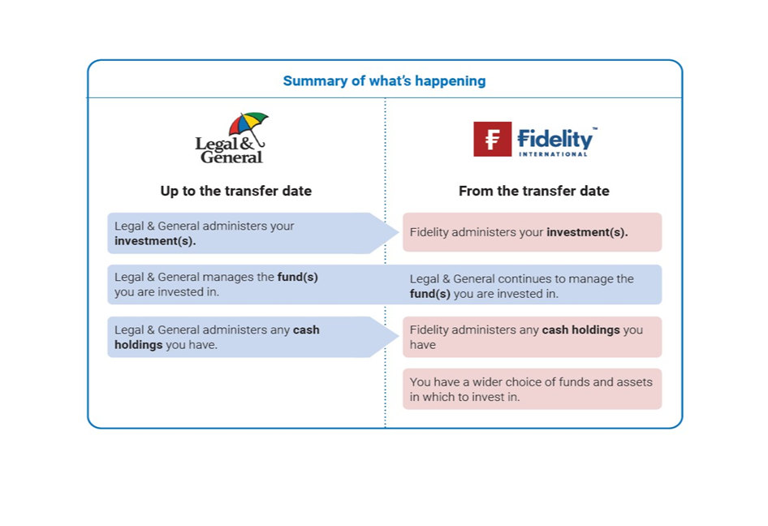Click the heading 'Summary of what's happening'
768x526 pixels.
(384, 81)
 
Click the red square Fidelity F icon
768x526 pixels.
(492, 139)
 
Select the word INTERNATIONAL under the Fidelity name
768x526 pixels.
(553, 154)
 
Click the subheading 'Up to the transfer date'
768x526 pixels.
(235, 191)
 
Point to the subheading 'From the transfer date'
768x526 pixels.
(534, 191)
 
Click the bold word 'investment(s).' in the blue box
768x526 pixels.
(155, 241)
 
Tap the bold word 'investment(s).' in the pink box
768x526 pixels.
(587, 232)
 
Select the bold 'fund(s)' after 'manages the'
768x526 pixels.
(297, 277)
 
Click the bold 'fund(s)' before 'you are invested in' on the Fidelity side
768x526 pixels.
(429, 294)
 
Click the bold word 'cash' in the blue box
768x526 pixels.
(306, 330)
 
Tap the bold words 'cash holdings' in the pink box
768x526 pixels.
(580, 330)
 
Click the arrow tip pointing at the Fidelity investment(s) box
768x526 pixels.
(398, 233)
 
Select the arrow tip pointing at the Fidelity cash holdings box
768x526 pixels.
(398, 337)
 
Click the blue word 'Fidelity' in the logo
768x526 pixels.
(555, 139)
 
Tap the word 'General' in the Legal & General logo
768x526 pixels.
(231, 157)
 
